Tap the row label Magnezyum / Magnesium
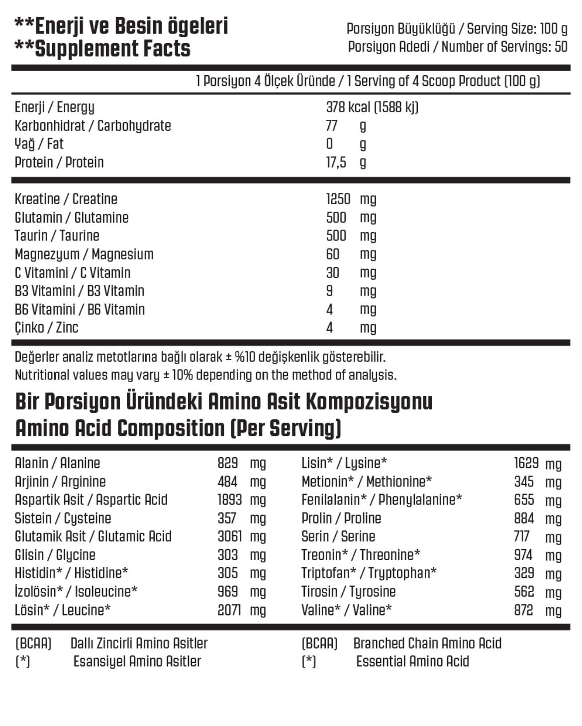click(84, 254)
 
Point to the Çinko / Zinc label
click(46, 327)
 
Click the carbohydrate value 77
click(332, 126)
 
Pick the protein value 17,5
click(336, 162)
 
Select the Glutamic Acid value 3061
click(229, 537)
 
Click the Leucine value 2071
click(229, 610)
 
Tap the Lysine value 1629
click(526, 463)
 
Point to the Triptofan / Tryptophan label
click(369, 573)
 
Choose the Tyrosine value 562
click(524, 592)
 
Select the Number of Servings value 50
click(561, 47)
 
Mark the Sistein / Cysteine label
click(63, 518)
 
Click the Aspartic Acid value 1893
click(229, 500)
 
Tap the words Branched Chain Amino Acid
click(427, 644)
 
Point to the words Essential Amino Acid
click(412, 662)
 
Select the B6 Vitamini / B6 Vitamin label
click(80, 310)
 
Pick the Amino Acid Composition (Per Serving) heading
click(178, 428)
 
